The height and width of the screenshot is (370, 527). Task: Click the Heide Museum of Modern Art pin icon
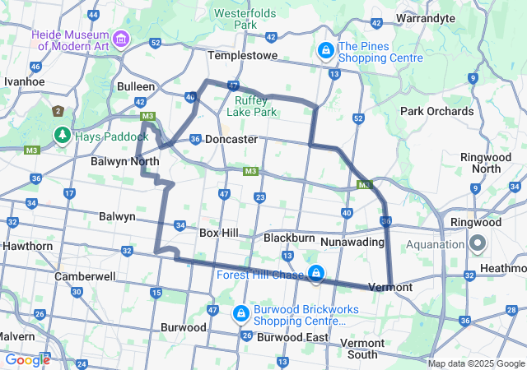pos(120,39)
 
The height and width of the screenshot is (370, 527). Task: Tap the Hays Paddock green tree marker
pos(62,133)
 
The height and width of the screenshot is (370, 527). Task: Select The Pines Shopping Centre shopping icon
pos(326,52)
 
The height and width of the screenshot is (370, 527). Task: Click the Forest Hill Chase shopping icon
pos(315,274)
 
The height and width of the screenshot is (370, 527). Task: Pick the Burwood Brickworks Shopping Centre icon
pos(241,313)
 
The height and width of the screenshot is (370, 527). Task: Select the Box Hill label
pos(219,233)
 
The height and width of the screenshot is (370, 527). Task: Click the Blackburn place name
pos(289,238)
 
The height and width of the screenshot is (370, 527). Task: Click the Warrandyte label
pos(426,17)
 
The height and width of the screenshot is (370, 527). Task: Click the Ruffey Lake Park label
pos(250,105)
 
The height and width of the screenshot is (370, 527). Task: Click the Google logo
pos(27,359)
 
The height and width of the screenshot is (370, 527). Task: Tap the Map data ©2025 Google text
pos(475,363)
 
